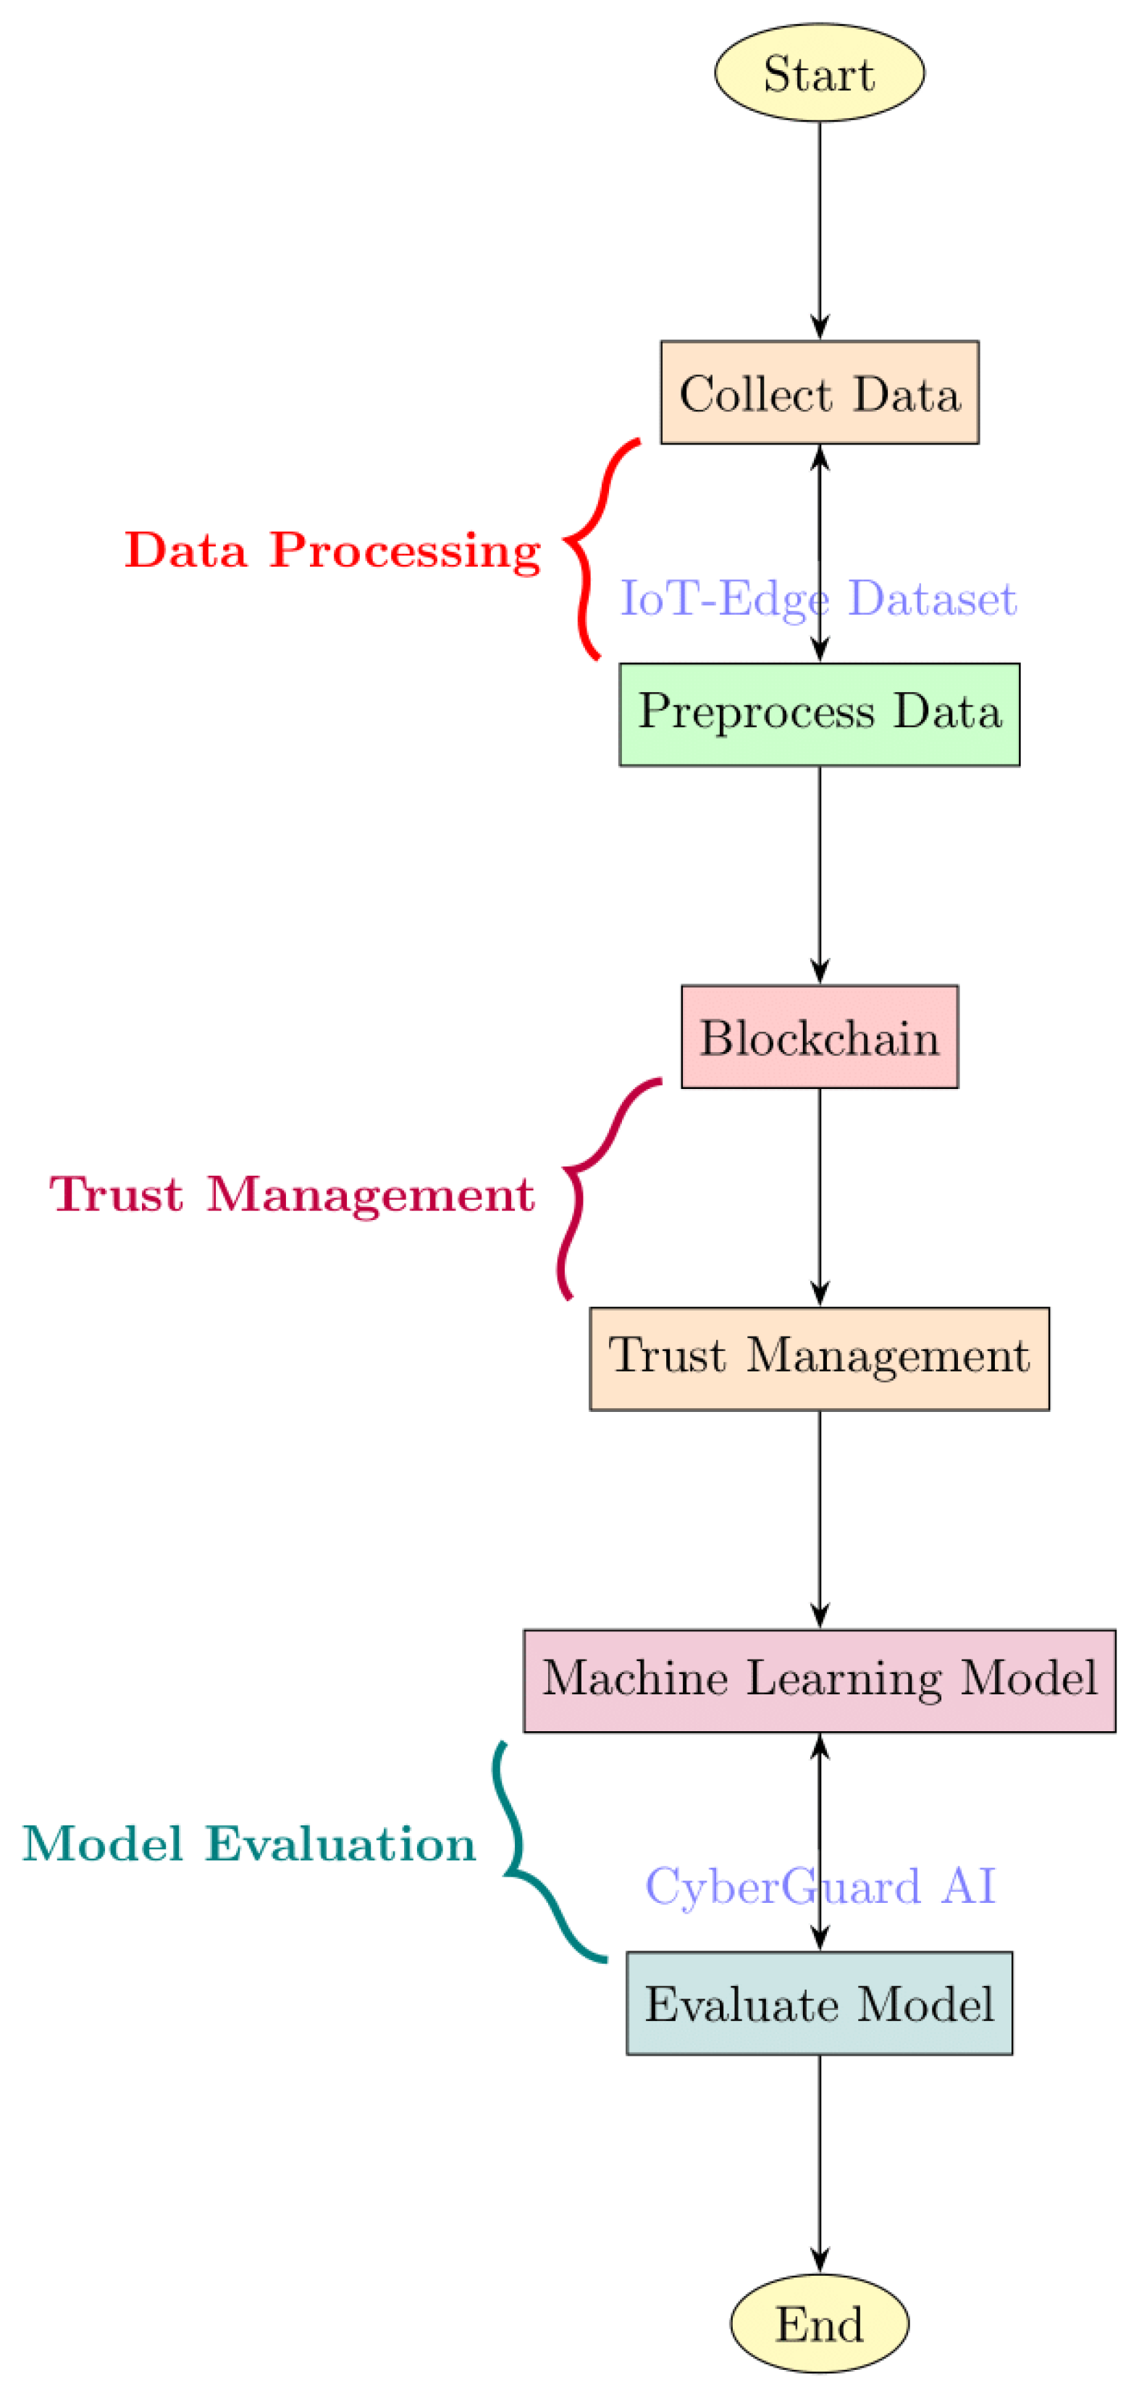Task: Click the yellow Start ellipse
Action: pyautogui.click(x=819, y=72)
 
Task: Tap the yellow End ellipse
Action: pyautogui.click(x=819, y=2323)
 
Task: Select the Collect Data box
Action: pyautogui.click(x=819, y=392)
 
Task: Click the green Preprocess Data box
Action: pyautogui.click(x=819, y=714)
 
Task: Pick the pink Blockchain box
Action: pyautogui.click(x=819, y=1036)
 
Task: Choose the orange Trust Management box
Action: pyautogui.click(x=819, y=1358)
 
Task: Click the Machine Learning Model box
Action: pyautogui.click(x=819, y=1680)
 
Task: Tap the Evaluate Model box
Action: pyautogui.click(x=819, y=2003)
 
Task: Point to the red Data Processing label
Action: pyautogui.click(x=333, y=550)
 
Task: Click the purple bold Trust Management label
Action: pyautogui.click(x=292, y=1194)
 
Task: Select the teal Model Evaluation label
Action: pyautogui.click(x=249, y=1843)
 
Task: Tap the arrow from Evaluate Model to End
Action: pyautogui.click(x=819, y=2162)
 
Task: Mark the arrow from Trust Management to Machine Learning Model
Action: pyautogui.click(x=819, y=1519)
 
